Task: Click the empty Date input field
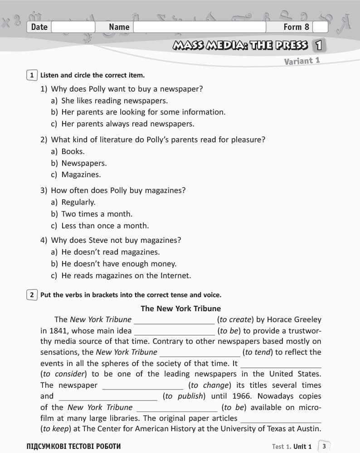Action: [x=73, y=27]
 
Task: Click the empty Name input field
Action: [x=199, y=27]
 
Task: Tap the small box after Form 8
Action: [x=320, y=27]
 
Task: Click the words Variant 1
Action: [x=302, y=61]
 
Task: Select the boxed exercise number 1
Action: [x=32, y=75]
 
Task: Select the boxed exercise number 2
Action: [x=32, y=295]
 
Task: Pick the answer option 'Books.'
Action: [x=73, y=151]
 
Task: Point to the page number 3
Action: [x=324, y=446]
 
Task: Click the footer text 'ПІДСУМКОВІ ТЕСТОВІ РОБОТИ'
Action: [x=74, y=447]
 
